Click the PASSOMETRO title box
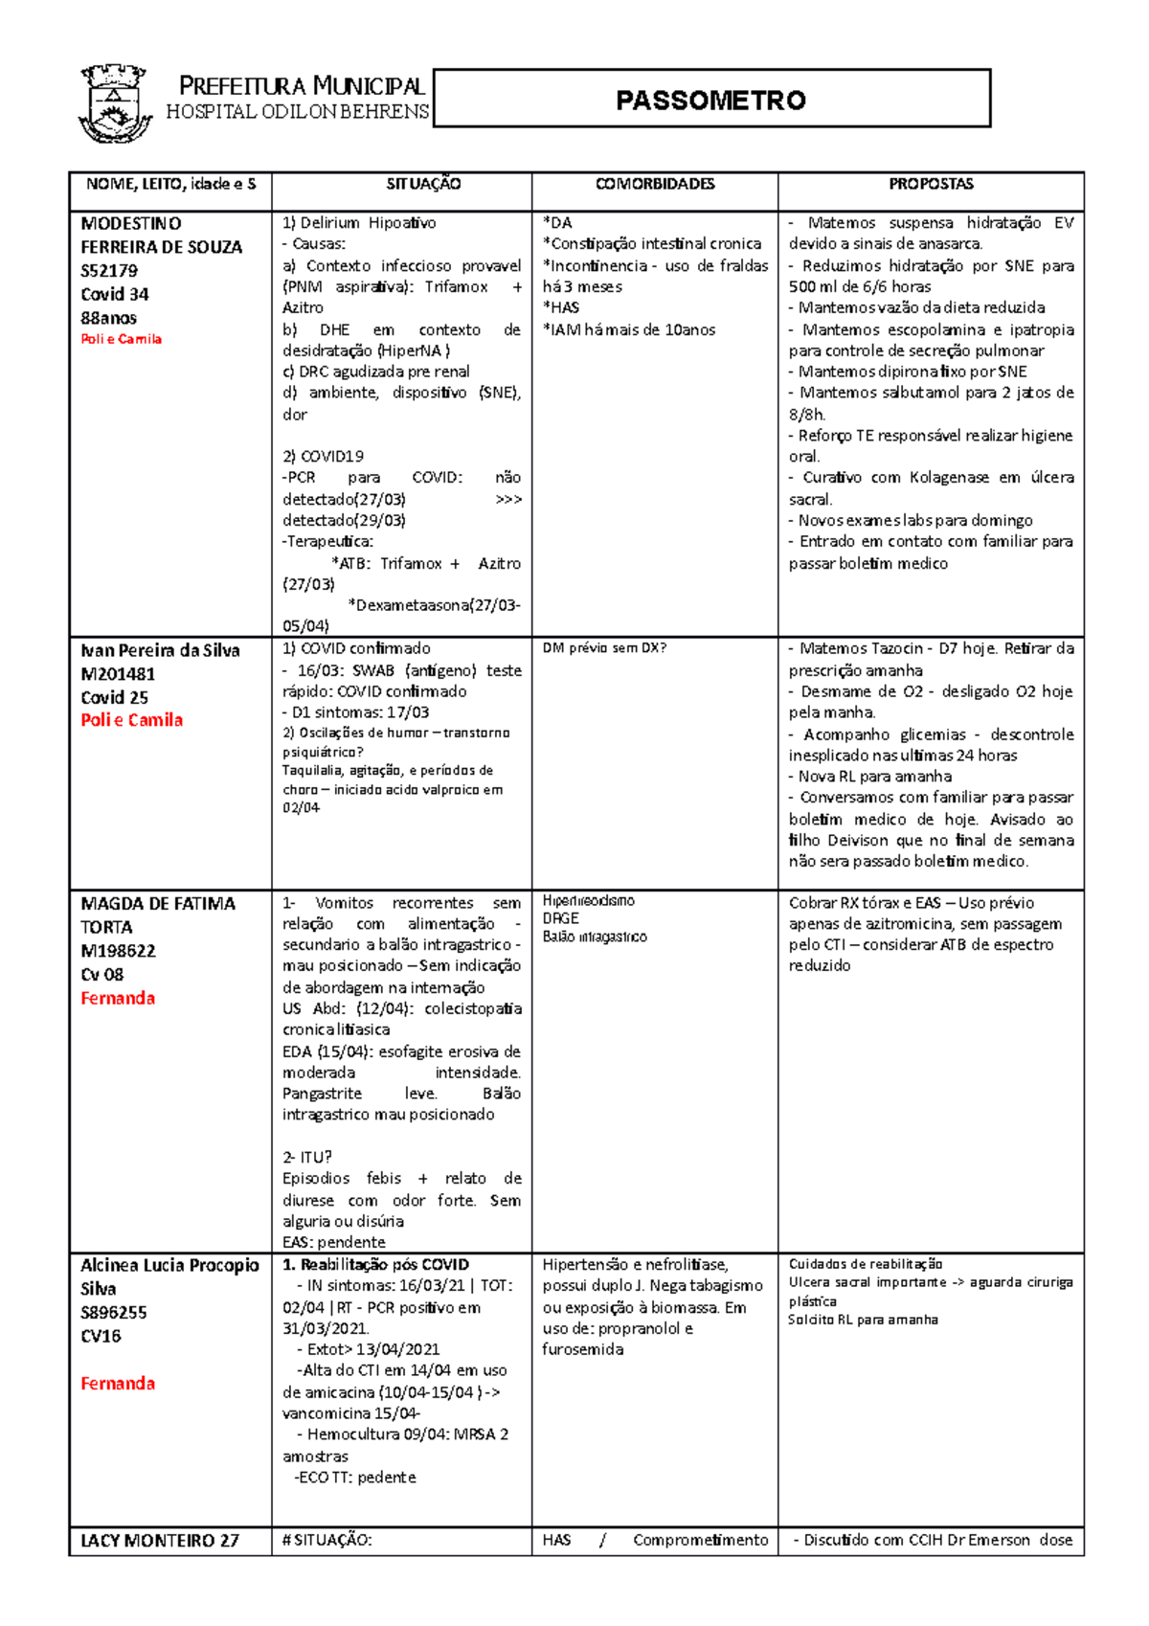point(710,99)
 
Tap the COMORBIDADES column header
point(655,184)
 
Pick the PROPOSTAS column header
point(931,184)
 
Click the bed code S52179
point(109,271)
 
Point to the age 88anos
point(109,318)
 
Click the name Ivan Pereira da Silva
point(160,650)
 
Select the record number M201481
point(118,674)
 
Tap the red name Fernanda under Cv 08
point(118,998)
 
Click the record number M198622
point(118,951)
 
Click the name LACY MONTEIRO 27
point(160,1541)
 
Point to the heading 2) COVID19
point(323,457)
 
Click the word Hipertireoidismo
point(588,901)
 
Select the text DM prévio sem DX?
point(604,648)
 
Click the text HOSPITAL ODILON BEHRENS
point(297,112)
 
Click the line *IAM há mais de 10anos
point(629,329)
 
